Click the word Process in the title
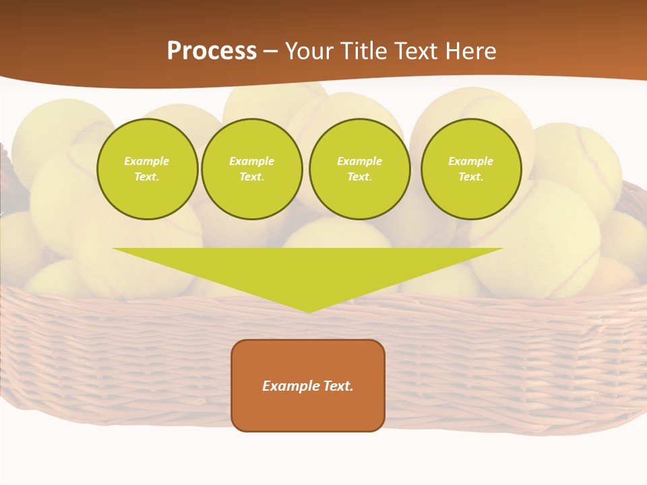point(212,51)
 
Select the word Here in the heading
point(470,51)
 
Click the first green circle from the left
point(147,169)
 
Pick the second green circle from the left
point(252,169)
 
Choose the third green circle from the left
point(360,169)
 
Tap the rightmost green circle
point(471,169)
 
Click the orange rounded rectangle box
point(308,385)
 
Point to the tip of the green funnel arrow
point(308,311)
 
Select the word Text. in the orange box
point(339,386)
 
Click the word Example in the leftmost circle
point(147,161)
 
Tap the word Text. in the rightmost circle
point(471,177)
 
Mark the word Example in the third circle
point(360,161)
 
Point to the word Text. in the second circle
point(252,177)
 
